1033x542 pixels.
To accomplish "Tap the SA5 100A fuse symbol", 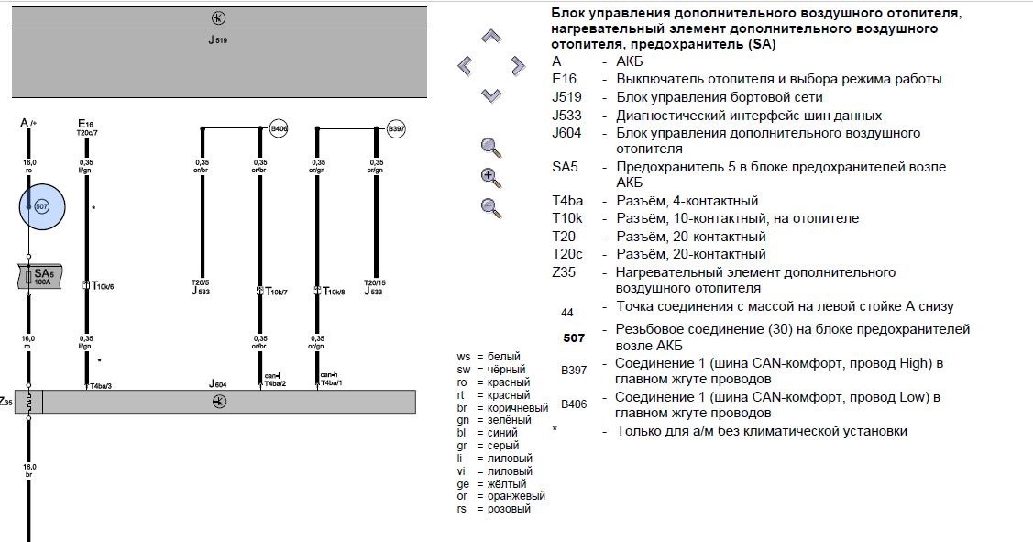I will click(x=39, y=277).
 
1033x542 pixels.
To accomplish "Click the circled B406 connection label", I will click(x=279, y=130).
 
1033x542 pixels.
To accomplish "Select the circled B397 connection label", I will click(x=396, y=130).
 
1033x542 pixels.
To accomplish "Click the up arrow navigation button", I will click(x=492, y=37).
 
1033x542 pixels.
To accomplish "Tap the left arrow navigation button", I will click(x=466, y=65).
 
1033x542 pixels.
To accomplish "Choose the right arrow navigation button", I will click(x=518, y=65).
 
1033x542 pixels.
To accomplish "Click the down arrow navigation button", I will click(x=492, y=94).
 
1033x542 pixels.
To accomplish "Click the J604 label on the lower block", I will click(x=217, y=383).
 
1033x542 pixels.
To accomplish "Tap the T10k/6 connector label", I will click(x=103, y=286).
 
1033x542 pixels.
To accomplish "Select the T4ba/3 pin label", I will click(x=99, y=385).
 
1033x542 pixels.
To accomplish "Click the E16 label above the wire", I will click(x=86, y=123).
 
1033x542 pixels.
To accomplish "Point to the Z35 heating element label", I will click(x=5, y=402).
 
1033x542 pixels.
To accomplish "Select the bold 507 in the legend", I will click(x=574, y=337).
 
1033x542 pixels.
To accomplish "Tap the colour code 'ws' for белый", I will click(x=463, y=356).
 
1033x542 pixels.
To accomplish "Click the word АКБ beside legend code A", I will click(x=632, y=61).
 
